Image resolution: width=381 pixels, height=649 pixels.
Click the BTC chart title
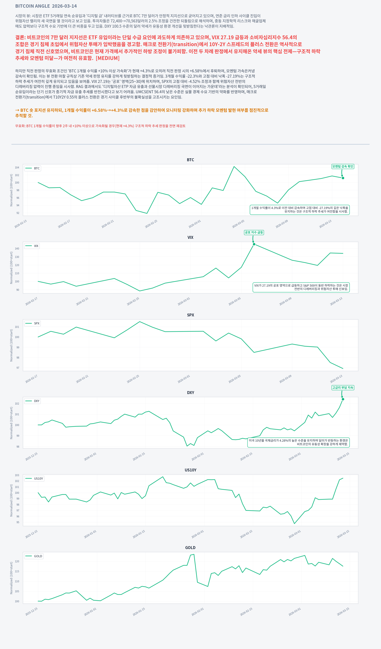click(x=190, y=160)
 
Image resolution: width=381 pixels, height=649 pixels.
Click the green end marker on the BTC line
click(x=343, y=178)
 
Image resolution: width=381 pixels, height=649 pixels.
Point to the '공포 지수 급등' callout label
click(x=254, y=232)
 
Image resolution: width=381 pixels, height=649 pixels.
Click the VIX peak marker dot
click(x=254, y=244)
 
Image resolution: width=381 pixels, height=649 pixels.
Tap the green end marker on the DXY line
click(x=343, y=399)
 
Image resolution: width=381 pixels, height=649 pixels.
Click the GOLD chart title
click(x=190, y=548)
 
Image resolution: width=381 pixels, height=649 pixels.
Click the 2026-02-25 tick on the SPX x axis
click(x=133, y=379)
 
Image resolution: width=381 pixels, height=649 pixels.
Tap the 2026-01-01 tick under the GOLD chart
click(x=90, y=612)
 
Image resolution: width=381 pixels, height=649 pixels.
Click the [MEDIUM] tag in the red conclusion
click(x=107, y=58)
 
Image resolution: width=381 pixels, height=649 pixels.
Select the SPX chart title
click(x=190, y=315)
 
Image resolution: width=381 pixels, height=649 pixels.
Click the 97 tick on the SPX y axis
click(x=18, y=368)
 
